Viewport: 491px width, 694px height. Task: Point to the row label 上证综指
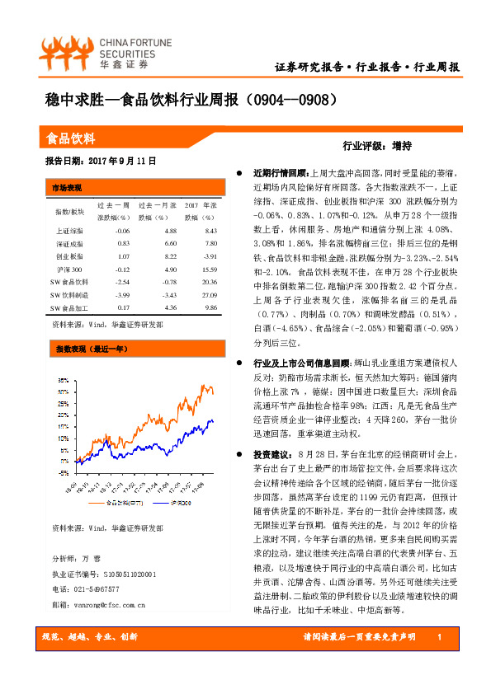click(x=70, y=231)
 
